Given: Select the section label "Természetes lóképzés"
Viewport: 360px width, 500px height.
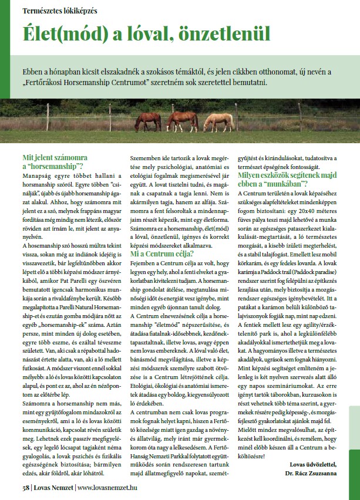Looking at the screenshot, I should tap(60, 11).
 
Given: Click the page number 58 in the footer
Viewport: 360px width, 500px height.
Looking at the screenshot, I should tap(26, 487).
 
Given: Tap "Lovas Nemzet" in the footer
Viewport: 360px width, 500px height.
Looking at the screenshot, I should tap(52, 487).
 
